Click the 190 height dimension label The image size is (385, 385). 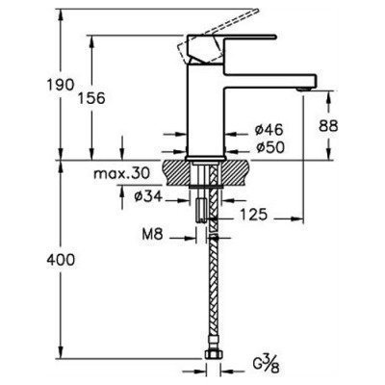pos(61,85)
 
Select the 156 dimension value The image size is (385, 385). pos(91,98)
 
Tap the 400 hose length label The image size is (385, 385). pos(61,259)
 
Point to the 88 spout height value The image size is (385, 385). pos(328,126)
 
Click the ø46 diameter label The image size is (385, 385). pos(269,130)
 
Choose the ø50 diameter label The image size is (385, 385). pos(270,147)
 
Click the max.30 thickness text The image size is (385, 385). pos(121,174)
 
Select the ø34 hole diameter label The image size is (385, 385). pos(148,196)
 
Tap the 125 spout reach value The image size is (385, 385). pos(253,215)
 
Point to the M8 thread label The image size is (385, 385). pos(153,235)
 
